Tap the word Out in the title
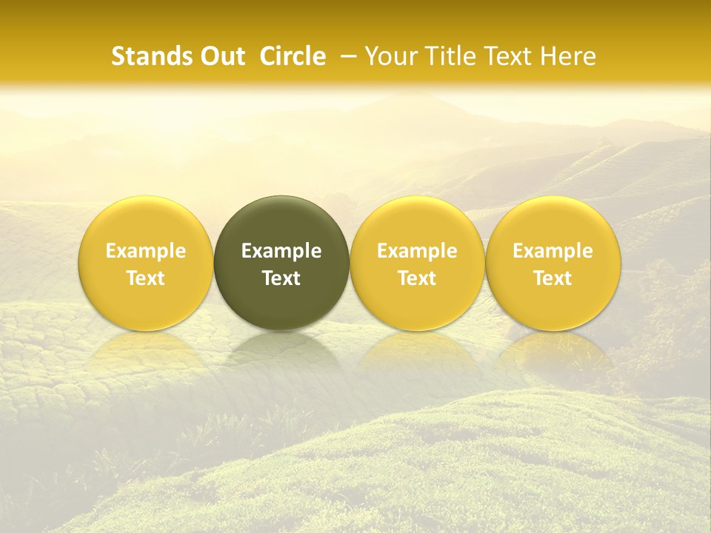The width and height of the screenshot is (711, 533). coord(220,56)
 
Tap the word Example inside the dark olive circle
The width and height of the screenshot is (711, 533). coord(281,251)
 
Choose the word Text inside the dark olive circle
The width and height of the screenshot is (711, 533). coord(281,278)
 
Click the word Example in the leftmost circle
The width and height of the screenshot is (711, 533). coord(146,251)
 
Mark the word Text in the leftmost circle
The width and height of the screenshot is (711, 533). coord(146,278)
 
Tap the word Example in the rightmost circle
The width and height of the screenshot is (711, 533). coord(553,251)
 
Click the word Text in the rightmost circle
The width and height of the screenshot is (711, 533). coord(553,278)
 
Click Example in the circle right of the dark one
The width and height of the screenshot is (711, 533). coord(417,251)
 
